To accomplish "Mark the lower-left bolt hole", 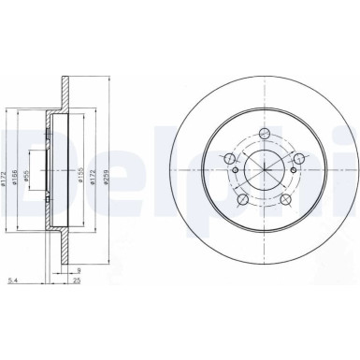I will coord(242,198).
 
